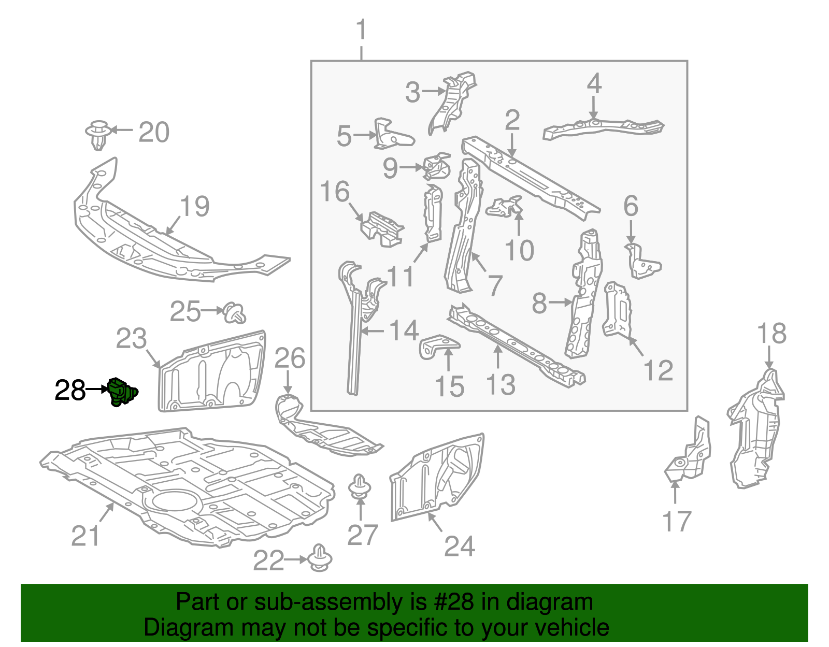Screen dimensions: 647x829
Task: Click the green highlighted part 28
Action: (x=122, y=393)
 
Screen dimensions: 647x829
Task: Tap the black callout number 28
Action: (x=70, y=391)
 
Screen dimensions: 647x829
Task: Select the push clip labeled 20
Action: (x=97, y=134)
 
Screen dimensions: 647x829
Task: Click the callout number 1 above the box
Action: (x=361, y=30)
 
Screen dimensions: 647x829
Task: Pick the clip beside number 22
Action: (x=320, y=558)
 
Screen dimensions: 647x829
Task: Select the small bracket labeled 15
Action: (x=438, y=346)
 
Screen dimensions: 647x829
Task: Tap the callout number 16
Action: (x=335, y=192)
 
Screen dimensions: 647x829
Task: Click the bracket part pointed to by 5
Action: (x=392, y=135)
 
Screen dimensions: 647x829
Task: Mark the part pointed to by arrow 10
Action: (x=505, y=207)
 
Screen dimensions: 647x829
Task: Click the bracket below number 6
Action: (x=643, y=262)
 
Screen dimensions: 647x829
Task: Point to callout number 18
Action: (x=771, y=334)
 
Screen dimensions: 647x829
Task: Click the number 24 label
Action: (x=459, y=546)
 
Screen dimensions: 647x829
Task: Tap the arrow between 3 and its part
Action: (x=432, y=91)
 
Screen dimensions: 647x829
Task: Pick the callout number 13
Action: (x=500, y=384)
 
